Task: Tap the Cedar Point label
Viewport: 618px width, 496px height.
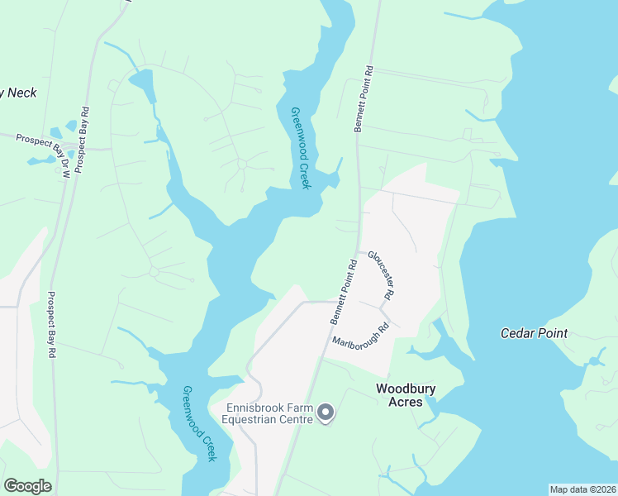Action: tap(535, 333)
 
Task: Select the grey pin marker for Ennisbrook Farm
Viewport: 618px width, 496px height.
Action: tap(326, 412)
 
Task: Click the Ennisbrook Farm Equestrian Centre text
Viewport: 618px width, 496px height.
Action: tap(270, 413)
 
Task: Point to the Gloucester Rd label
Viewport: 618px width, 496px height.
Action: tap(381, 274)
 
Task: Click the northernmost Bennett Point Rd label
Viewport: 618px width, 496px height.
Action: tap(364, 99)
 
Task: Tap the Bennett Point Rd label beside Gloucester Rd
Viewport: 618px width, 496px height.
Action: tap(343, 293)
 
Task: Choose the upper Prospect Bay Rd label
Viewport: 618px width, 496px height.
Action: tap(81, 141)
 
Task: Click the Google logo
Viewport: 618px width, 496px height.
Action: tap(27, 486)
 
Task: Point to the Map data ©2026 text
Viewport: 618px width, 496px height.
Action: tap(582, 489)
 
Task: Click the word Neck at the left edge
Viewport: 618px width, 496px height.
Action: tap(22, 93)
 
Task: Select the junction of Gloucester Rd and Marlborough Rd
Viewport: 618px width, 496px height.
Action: tap(382, 308)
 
